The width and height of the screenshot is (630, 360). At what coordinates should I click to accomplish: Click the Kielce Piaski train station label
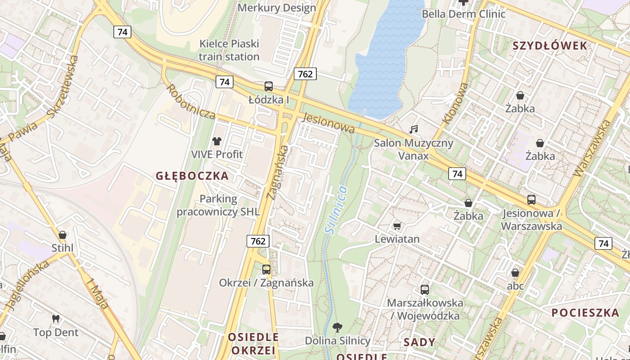[229, 50]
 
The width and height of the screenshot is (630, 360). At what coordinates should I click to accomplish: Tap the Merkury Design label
[277, 8]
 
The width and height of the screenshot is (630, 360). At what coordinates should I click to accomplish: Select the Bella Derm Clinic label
[463, 14]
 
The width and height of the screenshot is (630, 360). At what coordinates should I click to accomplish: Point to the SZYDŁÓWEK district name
[550, 45]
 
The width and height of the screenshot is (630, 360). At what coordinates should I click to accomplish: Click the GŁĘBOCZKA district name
[192, 176]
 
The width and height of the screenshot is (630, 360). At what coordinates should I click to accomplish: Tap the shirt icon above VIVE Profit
[217, 141]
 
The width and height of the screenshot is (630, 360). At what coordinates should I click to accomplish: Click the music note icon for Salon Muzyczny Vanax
[414, 130]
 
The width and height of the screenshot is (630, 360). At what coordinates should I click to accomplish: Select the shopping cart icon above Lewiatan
[397, 226]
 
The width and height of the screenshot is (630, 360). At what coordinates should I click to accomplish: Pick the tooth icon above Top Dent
[56, 319]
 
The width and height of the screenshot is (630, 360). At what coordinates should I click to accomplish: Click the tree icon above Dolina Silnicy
[337, 327]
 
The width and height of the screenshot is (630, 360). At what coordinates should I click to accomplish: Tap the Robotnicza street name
[190, 101]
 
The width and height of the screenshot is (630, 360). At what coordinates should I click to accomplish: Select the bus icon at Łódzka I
[269, 86]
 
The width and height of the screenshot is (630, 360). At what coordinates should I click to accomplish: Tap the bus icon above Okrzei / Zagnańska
[266, 270]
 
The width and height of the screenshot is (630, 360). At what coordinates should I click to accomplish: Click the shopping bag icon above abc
[515, 273]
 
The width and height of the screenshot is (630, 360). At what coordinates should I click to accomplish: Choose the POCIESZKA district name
[585, 313]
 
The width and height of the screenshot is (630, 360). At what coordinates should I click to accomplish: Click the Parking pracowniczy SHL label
[218, 205]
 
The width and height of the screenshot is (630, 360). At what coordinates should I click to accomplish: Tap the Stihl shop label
[62, 248]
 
